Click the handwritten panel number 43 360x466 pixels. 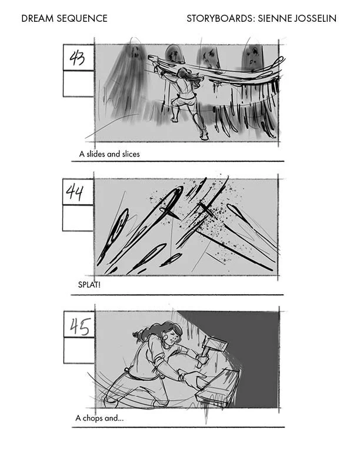77,58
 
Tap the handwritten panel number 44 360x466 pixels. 75,192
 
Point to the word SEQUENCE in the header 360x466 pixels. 82,18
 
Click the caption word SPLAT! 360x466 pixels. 89,285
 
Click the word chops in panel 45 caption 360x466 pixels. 93,418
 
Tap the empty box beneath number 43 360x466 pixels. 78,84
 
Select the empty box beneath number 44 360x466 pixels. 78,218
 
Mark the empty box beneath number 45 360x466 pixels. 79,350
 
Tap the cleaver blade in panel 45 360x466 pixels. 215,345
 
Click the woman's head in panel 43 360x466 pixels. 185,73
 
